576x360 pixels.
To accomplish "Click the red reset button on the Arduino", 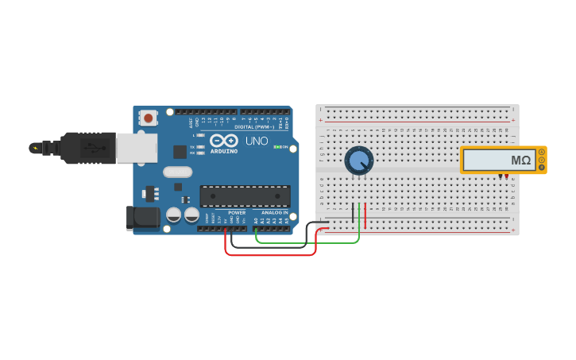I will click(x=148, y=118).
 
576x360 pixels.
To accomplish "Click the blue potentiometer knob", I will click(x=358, y=161).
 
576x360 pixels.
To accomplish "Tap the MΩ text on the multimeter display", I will click(x=520, y=161).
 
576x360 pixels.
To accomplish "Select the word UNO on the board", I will click(x=256, y=141).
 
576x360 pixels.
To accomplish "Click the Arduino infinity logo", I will click(x=223, y=141).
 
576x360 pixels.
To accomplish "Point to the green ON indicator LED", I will click(x=276, y=147).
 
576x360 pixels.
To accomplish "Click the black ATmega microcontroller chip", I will click(x=244, y=195).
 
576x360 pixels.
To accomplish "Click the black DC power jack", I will click(x=141, y=218).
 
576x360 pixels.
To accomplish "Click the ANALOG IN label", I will click(x=275, y=213).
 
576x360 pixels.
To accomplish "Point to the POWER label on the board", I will click(x=237, y=213).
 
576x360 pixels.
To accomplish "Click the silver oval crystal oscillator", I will click(x=178, y=172).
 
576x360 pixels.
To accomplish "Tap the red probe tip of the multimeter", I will click(x=507, y=176).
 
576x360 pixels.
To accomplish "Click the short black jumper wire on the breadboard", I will click(x=353, y=212).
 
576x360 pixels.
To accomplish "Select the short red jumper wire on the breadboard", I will click(x=365, y=212).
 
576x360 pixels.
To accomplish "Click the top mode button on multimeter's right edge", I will click(x=542, y=151).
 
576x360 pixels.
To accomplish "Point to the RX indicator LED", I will click(x=201, y=153).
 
